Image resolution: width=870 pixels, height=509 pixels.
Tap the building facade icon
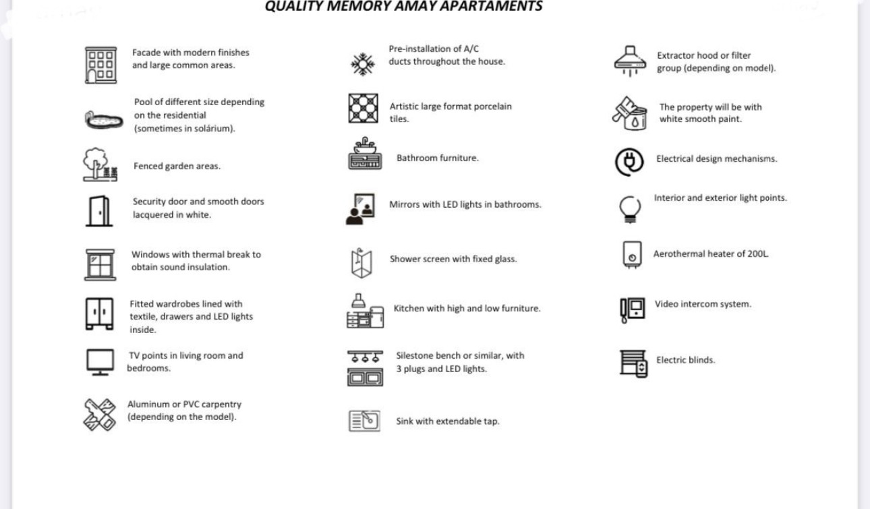100,65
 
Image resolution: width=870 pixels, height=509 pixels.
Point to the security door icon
98,210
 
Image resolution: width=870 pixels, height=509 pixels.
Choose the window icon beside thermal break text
100,264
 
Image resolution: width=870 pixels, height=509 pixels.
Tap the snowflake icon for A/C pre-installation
363,64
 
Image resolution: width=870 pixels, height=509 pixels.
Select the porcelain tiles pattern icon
363,109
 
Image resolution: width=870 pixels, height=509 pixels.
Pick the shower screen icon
361,263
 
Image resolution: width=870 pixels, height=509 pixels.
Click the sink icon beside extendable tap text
364,421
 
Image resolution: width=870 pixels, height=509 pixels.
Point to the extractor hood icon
630,61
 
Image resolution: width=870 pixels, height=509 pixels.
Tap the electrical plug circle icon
629,162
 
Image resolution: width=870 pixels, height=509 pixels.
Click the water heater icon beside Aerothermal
631,255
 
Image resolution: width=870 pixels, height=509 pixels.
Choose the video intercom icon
632,309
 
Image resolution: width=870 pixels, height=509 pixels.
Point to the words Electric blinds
685,360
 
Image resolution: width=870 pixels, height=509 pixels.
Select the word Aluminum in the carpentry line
148,405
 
